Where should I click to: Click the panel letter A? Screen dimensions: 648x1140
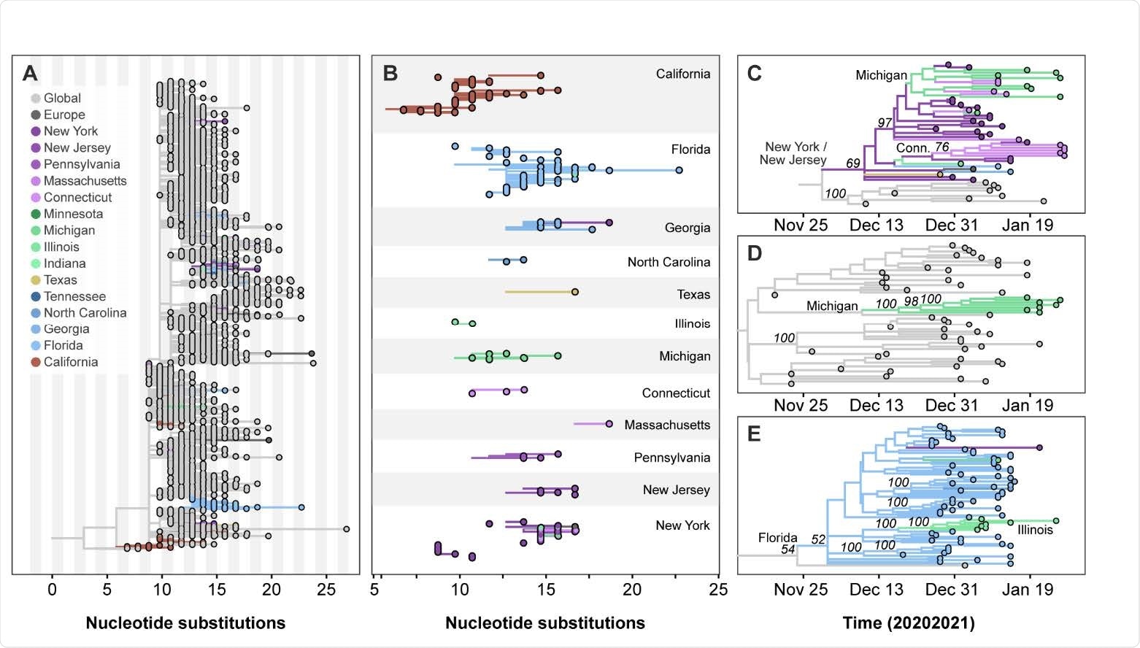pos(30,73)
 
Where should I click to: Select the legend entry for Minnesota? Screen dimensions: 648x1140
pos(73,214)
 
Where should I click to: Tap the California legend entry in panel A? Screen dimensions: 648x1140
pos(70,362)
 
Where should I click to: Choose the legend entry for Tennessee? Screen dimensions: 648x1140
pos(74,296)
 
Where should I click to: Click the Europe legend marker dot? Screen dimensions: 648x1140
pos(36,115)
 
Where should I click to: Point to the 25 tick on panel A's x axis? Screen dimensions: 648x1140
pos(326,590)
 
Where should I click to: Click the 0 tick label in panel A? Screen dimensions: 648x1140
pos(52,590)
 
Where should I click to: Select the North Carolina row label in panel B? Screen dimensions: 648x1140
pos(668,262)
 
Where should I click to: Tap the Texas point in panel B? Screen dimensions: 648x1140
pos(575,292)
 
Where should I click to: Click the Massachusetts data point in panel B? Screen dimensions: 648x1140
pos(609,424)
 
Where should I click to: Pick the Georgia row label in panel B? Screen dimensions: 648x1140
pos(687,228)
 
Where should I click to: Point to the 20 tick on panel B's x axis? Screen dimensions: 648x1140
pos(632,590)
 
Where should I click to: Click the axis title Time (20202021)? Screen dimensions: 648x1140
pos(909,623)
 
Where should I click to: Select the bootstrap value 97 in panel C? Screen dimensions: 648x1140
pos(885,123)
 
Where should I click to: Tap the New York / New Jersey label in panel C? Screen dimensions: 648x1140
pos(793,153)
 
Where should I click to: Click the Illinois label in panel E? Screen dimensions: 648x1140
pos(1035,530)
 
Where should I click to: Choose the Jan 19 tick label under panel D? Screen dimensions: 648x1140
pos(1028,406)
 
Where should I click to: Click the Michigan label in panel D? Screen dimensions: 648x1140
pos(832,306)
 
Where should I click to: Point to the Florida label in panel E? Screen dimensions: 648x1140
pos(777,538)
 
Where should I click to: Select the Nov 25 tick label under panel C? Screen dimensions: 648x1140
pos(801,225)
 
